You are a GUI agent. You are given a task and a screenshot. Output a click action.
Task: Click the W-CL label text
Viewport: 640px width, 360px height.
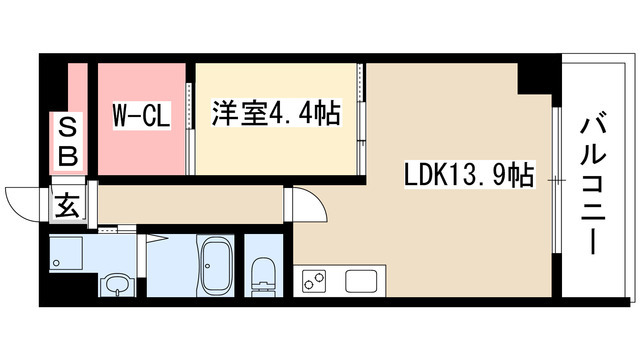tap(139, 116)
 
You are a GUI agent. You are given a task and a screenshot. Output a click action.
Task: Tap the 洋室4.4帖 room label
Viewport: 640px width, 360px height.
tap(275, 114)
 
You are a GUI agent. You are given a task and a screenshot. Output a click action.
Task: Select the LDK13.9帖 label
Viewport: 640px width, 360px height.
tap(468, 177)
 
